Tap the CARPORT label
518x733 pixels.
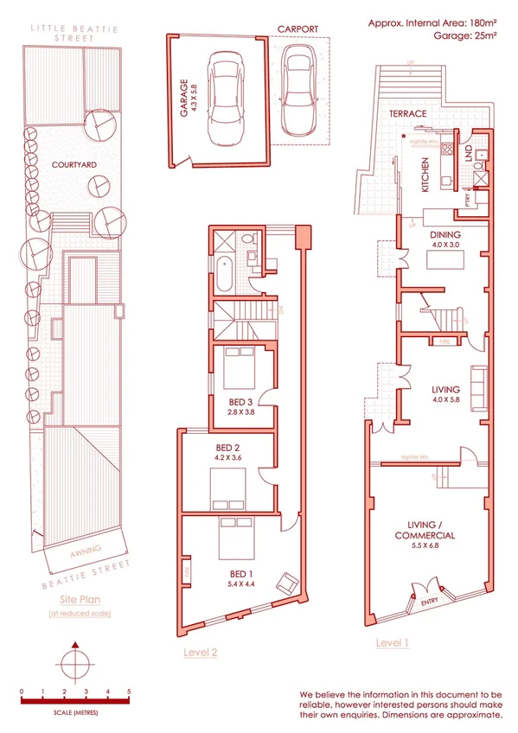coord(298,29)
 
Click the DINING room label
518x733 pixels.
coord(445,234)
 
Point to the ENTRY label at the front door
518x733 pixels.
coord(428,602)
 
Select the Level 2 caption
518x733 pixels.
coord(201,653)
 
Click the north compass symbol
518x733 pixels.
coord(76,662)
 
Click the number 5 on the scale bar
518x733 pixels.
coord(129,692)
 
